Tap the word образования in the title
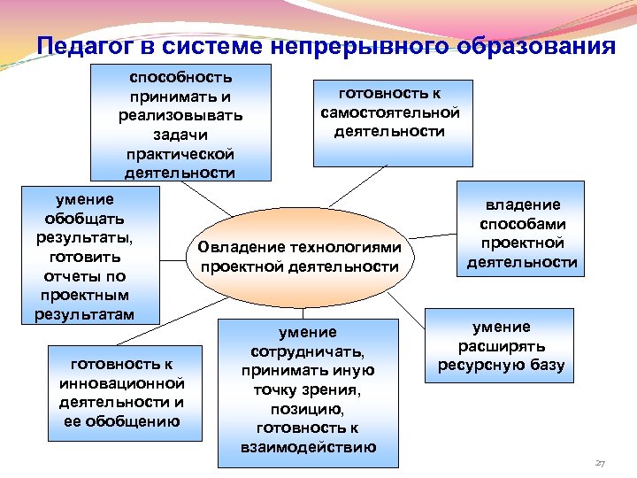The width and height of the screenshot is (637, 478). pos(535,46)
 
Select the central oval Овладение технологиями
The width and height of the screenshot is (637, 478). pos(300,257)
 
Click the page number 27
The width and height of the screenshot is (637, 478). pos(600,464)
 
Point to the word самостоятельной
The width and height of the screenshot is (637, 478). pos(390,112)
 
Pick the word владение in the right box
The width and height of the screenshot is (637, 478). pos(521,204)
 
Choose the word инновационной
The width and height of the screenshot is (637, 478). pos(122,383)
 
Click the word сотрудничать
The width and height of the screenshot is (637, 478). pos(307,351)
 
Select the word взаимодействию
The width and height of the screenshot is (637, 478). pos(308,447)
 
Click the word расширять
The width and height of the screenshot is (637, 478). pos(501,346)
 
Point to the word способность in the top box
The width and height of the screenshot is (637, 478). pos(180,77)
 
